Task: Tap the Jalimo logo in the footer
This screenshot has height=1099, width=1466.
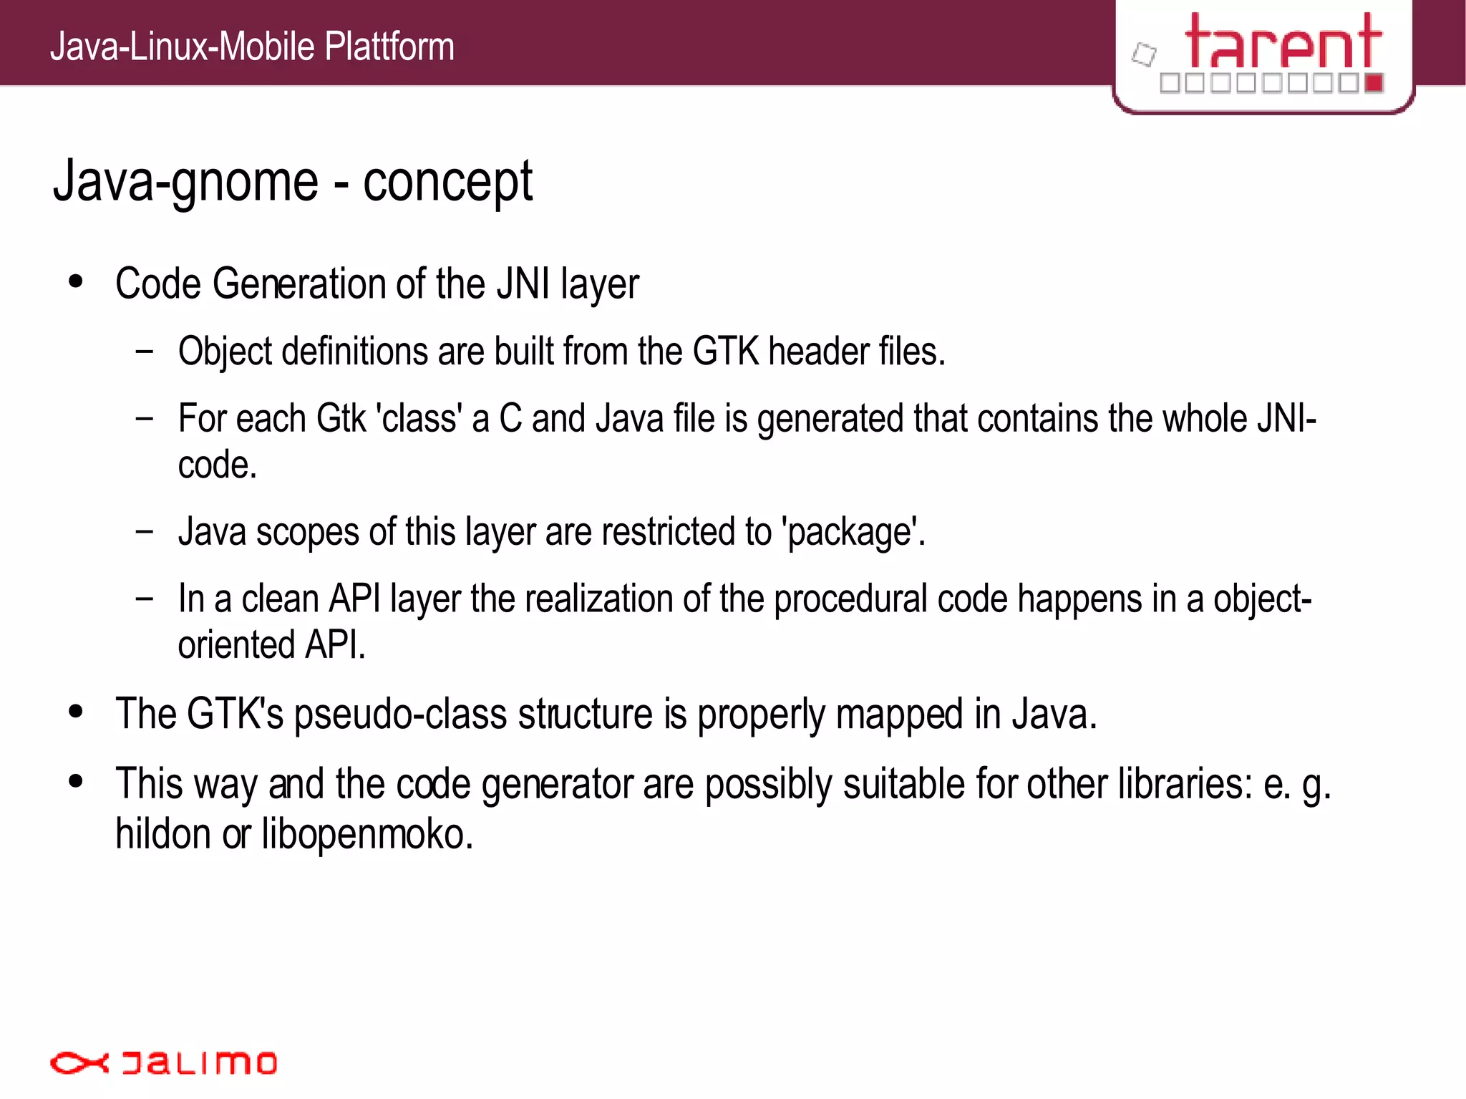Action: point(163,1062)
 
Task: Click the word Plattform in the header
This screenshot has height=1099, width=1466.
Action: point(389,47)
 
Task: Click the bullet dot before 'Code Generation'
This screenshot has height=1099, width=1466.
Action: point(76,281)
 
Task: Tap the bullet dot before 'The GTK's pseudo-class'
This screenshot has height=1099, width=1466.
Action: point(76,712)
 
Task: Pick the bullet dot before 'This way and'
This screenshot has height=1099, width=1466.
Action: point(76,781)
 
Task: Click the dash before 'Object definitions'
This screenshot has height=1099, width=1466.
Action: point(145,352)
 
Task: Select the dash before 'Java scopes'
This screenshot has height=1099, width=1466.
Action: point(145,531)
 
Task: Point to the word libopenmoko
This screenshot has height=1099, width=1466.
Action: point(367,835)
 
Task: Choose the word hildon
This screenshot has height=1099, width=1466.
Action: point(163,835)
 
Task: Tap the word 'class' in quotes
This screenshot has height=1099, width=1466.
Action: point(419,419)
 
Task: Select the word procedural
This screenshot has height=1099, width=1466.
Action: point(851,599)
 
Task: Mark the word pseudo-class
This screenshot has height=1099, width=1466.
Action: point(400,715)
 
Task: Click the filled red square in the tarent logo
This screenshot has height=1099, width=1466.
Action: point(1373,83)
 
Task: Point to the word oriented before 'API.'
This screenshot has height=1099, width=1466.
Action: point(237,645)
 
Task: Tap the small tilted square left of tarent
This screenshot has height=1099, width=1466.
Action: point(1144,54)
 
